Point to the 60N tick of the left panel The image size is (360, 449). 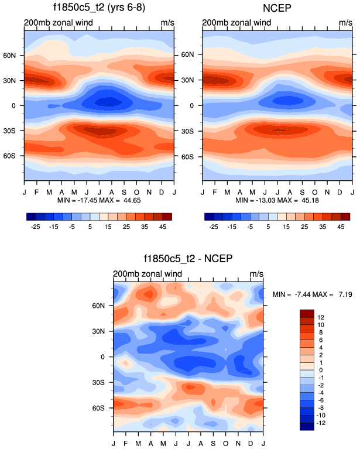pyautogui.click(x=15, y=55)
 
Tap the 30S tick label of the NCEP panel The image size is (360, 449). pyautogui.click(x=194, y=131)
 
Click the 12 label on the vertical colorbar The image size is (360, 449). pyautogui.click(x=321, y=317)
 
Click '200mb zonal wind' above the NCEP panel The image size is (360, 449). pyautogui.click(x=236, y=23)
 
